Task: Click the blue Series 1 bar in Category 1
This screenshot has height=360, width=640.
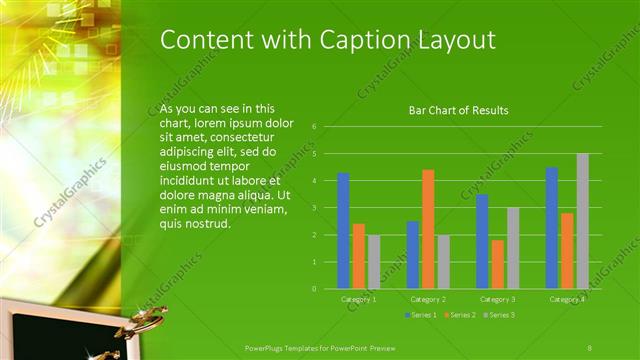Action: coord(343,231)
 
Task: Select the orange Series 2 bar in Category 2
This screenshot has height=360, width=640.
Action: coord(428,229)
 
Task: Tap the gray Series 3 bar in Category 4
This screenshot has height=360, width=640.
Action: coord(582,221)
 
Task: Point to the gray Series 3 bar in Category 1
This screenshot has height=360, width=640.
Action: coord(374,262)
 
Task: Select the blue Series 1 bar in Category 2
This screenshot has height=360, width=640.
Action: coord(412,255)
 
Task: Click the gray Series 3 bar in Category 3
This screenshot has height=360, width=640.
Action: coord(513,248)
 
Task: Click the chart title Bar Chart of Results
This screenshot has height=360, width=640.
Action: coord(459,110)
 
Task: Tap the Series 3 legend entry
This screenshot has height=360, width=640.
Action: coord(499,315)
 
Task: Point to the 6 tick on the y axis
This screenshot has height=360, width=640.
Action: coord(314,127)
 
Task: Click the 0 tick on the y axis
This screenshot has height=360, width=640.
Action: coord(314,289)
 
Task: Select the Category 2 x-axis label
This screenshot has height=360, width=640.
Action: coord(428,299)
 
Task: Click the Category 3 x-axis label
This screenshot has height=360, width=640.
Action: coord(497,299)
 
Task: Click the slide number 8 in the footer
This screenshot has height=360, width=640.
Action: coord(589,346)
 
